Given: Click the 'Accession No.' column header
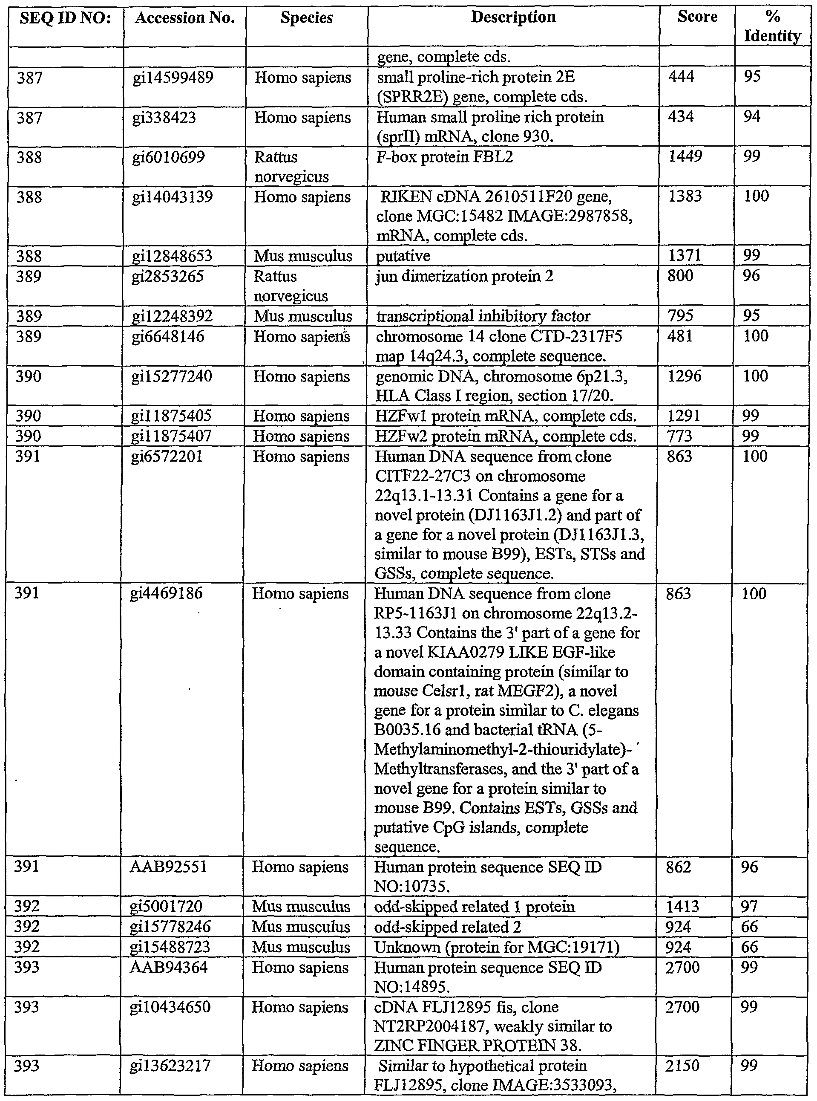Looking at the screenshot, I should click(184, 18).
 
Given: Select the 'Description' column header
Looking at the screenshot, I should click(513, 17).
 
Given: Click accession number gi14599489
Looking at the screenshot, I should click(173, 78).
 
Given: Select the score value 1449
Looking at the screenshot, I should click(685, 156).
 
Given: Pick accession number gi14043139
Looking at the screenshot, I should click(173, 197).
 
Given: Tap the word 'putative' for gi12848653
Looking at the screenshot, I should click(403, 256).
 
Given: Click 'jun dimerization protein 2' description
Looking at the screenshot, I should click(464, 276).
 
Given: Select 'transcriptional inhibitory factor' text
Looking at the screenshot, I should click(483, 316).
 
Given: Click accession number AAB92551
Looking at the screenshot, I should click(168, 867).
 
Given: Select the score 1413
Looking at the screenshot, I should click(682, 907).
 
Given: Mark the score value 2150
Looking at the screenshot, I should click(682, 1066).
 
